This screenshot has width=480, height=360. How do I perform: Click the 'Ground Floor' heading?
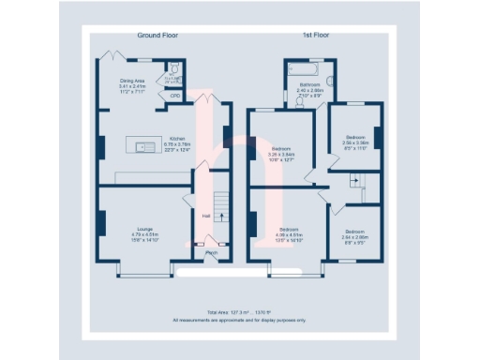(x=157, y=35)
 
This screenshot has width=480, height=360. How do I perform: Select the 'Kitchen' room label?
(x=177, y=135)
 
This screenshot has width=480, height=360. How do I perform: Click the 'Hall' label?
(x=205, y=215)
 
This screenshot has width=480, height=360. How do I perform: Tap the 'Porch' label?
(x=212, y=251)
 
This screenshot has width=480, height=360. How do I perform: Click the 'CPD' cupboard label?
(x=174, y=95)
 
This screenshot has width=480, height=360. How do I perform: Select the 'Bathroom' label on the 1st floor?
(x=309, y=85)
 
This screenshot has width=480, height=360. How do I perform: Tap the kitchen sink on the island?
(x=145, y=145)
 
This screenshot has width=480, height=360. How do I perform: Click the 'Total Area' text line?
(x=240, y=312)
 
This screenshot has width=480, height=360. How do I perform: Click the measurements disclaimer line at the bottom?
(x=240, y=320)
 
